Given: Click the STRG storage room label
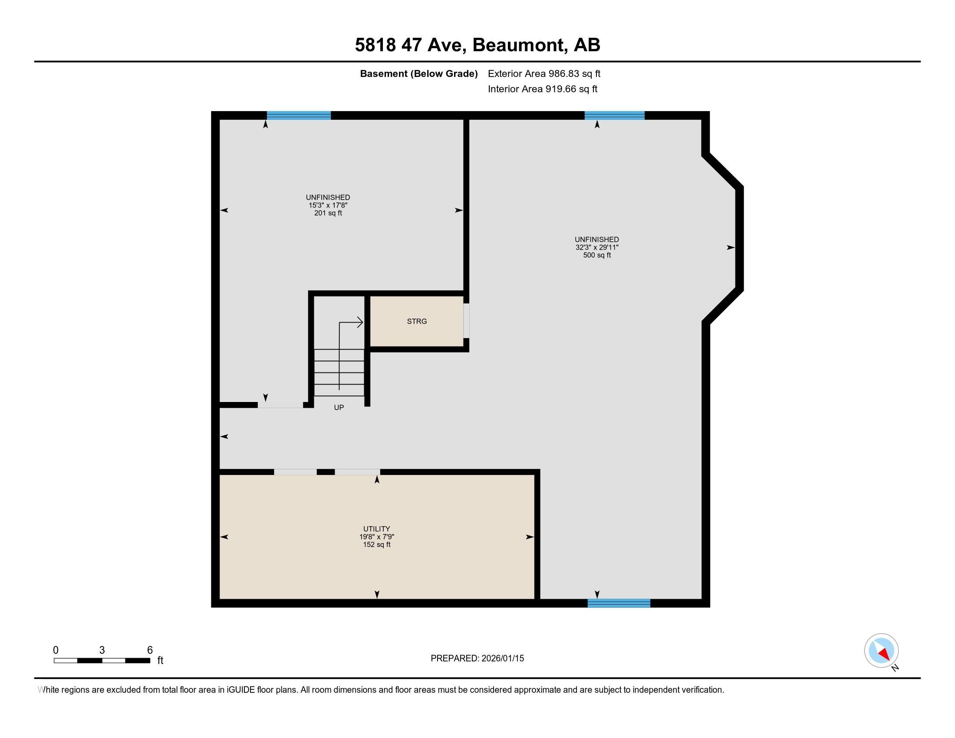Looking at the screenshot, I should click(417, 321).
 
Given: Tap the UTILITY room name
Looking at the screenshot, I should click(376, 529).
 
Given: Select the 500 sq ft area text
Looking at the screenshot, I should click(597, 255).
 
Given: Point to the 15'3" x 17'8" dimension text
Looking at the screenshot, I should click(328, 205).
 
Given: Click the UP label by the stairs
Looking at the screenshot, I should click(339, 408).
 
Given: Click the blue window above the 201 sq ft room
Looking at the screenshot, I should click(299, 115).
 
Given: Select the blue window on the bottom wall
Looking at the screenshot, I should click(619, 603).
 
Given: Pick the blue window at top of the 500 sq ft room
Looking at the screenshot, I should click(614, 115).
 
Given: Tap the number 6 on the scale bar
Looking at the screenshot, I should click(150, 650).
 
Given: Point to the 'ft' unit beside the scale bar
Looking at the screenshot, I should click(161, 660).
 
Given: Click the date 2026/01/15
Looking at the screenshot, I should click(502, 659).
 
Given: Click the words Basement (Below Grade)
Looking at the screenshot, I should click(418, 73).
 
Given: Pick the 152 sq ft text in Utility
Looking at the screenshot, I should click(376, 545).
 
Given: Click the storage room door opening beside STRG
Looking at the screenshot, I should click(467, 320).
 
